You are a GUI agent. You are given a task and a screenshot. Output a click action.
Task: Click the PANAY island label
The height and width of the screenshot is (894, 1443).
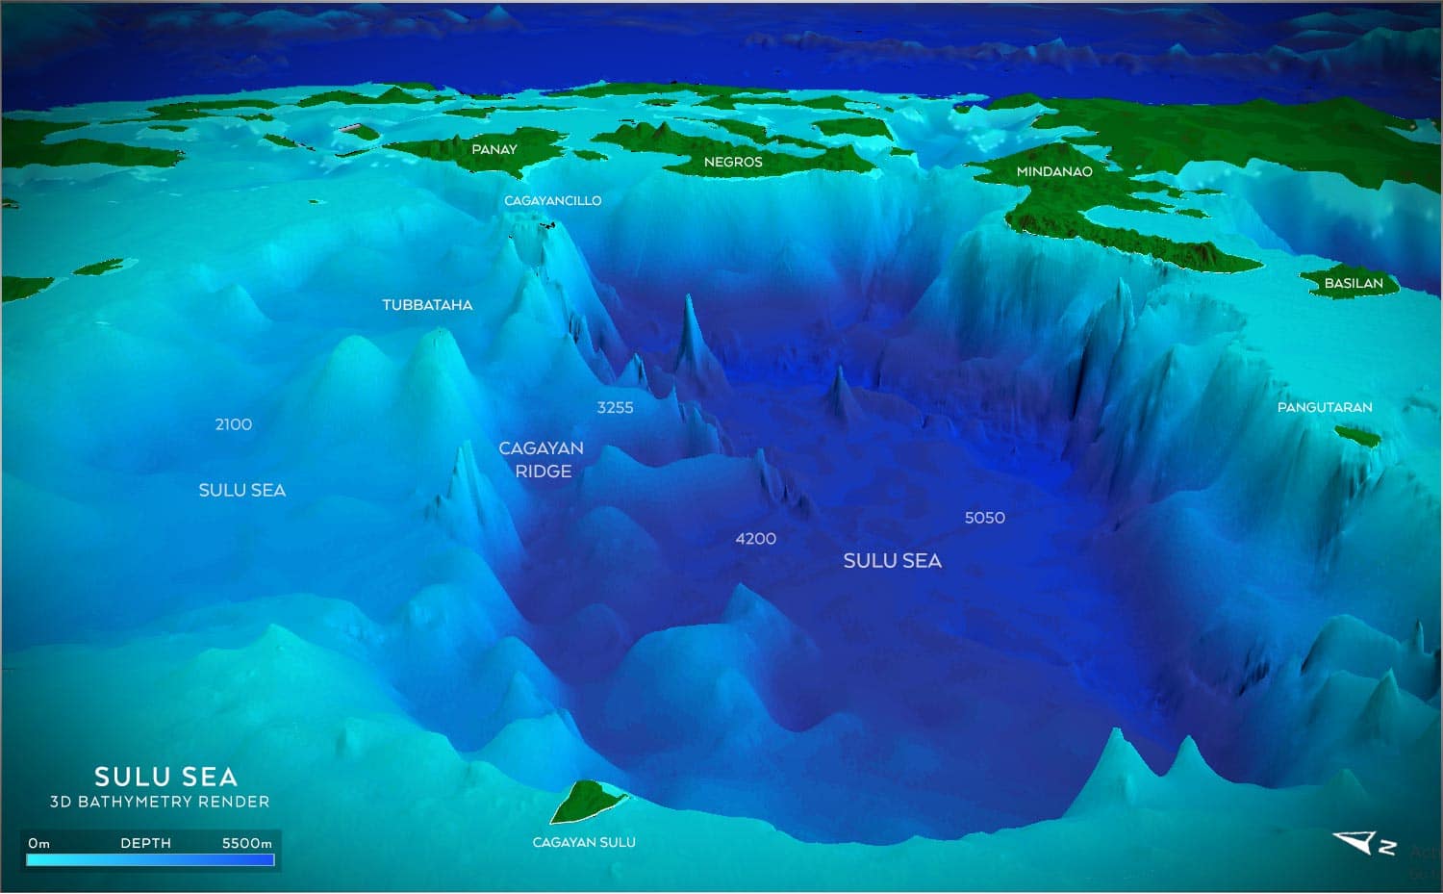coord(494,149)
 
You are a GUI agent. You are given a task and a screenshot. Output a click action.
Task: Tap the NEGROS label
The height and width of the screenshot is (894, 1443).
coord(733,162)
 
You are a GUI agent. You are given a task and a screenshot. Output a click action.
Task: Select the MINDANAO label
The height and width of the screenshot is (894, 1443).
coord(1054,171)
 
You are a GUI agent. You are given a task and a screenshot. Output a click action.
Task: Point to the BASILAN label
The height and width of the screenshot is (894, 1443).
coord(1354,283)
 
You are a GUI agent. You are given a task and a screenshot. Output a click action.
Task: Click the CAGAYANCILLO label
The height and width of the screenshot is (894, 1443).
coord(552,200)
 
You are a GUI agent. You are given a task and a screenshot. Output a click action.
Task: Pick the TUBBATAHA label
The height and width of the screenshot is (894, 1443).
coord(427,305)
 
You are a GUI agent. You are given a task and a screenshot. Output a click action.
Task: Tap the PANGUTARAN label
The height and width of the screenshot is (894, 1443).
coord(1325,407)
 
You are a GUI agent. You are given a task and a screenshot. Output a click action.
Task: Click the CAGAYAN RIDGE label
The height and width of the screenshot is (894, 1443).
coord(542,460)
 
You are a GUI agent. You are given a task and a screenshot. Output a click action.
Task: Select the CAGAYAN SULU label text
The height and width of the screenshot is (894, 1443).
coord(584,842)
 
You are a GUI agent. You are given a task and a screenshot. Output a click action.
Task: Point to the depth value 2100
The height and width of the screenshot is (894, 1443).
coord(234,424)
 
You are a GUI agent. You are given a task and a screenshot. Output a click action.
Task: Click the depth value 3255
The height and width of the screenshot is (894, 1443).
coord(615,407)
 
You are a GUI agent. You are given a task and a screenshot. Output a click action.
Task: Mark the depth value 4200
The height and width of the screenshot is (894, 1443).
coord(755,539)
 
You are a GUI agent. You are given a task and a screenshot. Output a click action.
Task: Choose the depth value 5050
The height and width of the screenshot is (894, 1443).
coord(984,518)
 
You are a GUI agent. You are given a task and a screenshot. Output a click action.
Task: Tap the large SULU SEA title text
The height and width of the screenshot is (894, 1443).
coord(165,777)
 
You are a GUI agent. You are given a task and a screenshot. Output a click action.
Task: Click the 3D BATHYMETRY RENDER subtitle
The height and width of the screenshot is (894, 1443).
coord(160,802)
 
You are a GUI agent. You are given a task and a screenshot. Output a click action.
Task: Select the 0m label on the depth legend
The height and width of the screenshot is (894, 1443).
coord(38,843)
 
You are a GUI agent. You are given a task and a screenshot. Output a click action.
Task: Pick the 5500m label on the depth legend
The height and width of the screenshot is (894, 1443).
coord(246,843)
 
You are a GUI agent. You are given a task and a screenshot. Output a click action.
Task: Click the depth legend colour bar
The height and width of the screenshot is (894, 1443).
coord(150,860)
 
